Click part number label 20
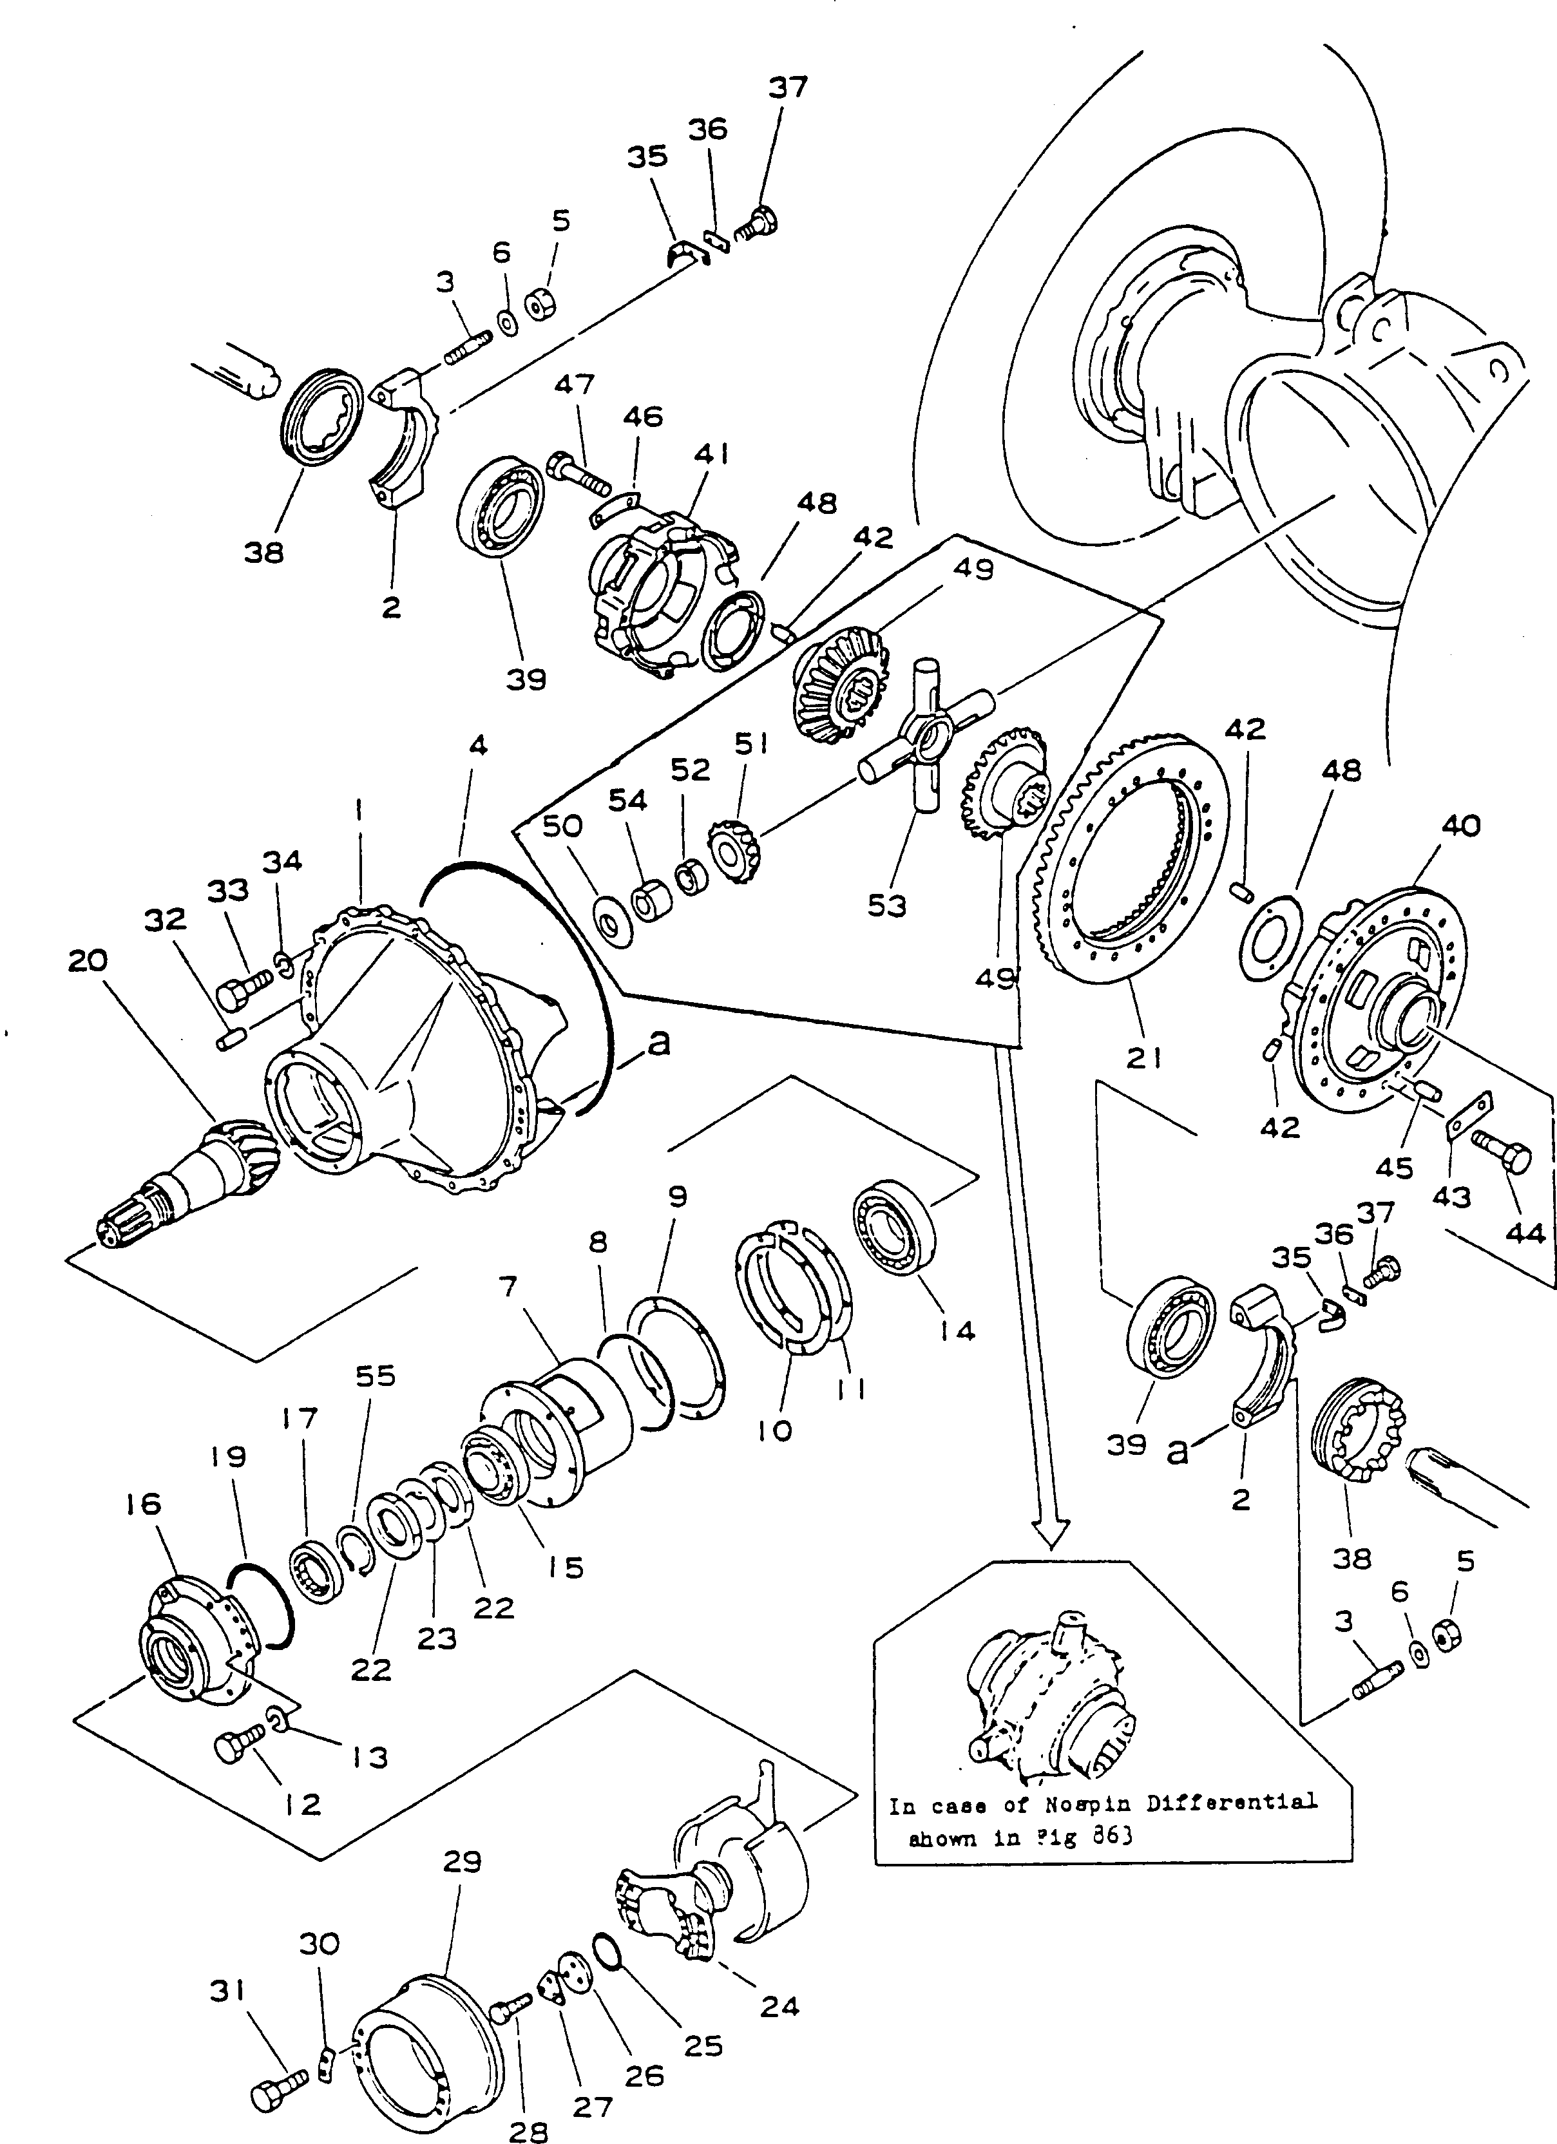87,960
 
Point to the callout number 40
1460,825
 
